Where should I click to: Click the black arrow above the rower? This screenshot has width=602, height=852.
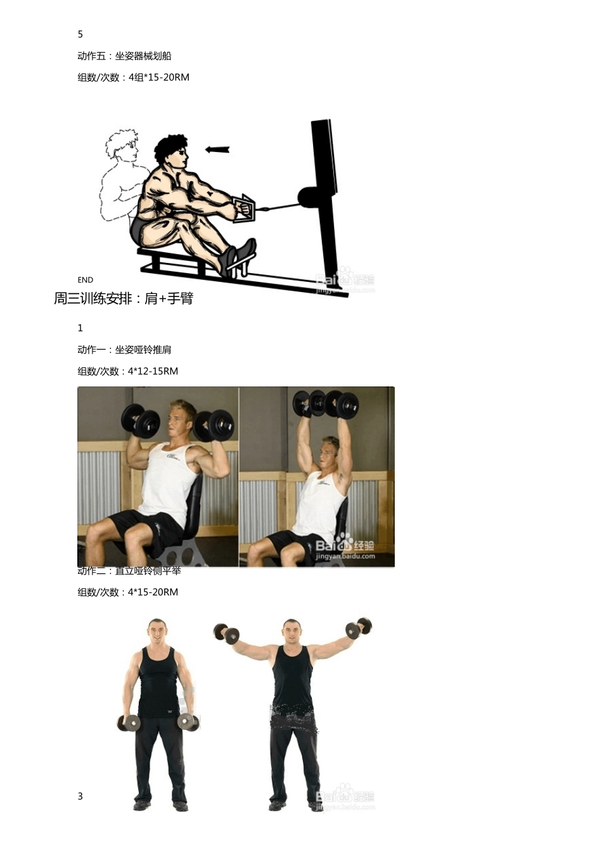pos(217,149)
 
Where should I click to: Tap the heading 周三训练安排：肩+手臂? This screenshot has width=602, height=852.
pos(124,298)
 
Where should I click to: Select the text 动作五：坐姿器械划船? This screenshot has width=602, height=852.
pos(124,56)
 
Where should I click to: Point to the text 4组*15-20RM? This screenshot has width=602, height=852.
pos(159,77)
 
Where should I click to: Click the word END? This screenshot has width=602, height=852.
pos(86,280)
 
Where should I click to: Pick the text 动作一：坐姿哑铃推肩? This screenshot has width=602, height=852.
pos(124,350)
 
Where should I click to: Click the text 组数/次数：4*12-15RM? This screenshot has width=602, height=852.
pos(128,371)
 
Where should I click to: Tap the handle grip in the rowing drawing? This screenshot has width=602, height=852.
pos(244,208)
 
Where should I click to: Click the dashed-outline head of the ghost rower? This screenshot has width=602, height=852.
pos(122,147)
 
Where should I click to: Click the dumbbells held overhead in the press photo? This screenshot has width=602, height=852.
pos(326,404)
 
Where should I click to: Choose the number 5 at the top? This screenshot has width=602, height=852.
pos(80,34)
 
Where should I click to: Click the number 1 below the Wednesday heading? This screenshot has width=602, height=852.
pos(80,328)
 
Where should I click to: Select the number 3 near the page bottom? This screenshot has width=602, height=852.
pos(80,796)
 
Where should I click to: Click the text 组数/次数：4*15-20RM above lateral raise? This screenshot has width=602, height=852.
pos(128,592)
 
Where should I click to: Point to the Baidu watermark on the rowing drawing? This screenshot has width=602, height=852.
pos(345,281)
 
